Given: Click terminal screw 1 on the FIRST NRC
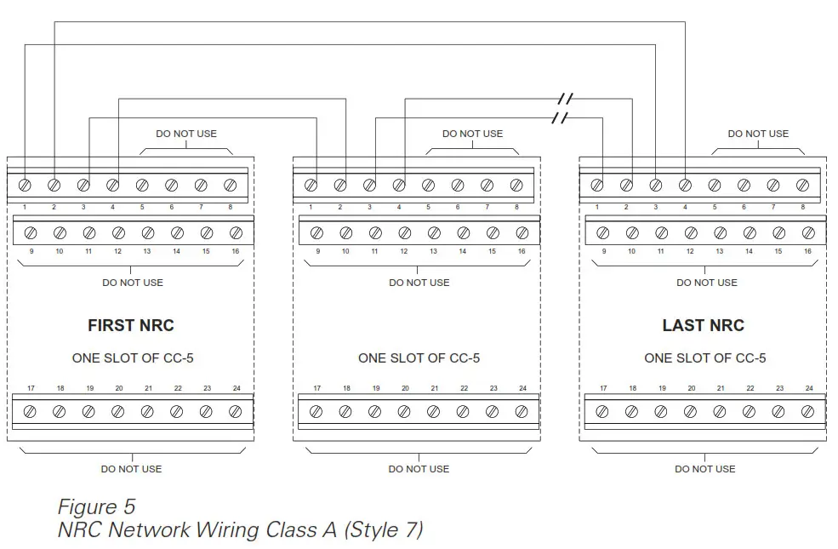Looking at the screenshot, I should click(x=25, y=185).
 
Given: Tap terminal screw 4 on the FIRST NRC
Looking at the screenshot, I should click(x=112, y=185).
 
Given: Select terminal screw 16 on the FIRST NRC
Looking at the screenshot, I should click(x=236, y=232).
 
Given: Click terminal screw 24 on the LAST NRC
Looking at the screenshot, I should click(x=808, y=412).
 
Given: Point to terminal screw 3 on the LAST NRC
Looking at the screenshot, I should click(x=656, y=185).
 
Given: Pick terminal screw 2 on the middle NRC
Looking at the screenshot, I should click(x=340, y=185).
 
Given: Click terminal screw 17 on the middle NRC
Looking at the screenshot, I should click(x=316, y=412).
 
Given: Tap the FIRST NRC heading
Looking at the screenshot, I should click(x=131, y=325).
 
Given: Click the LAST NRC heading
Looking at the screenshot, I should click(x=703, y=325).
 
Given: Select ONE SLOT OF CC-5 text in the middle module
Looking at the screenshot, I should click(x=419, y=358).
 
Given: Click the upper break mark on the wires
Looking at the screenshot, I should click(x=565, y=99).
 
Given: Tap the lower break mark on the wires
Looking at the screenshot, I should click(x=559, y=117).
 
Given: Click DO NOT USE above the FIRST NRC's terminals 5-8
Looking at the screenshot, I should click(x=186, y=134).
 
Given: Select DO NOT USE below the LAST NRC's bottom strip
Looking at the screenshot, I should click(x=705, y=469).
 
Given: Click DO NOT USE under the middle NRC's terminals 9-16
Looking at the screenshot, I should click(x=419, y=283).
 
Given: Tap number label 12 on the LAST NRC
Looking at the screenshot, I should click(x=691, y=251).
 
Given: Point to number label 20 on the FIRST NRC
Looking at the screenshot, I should click(x=119, y=389).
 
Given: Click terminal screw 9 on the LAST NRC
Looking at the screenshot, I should click(x=603, y=232).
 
